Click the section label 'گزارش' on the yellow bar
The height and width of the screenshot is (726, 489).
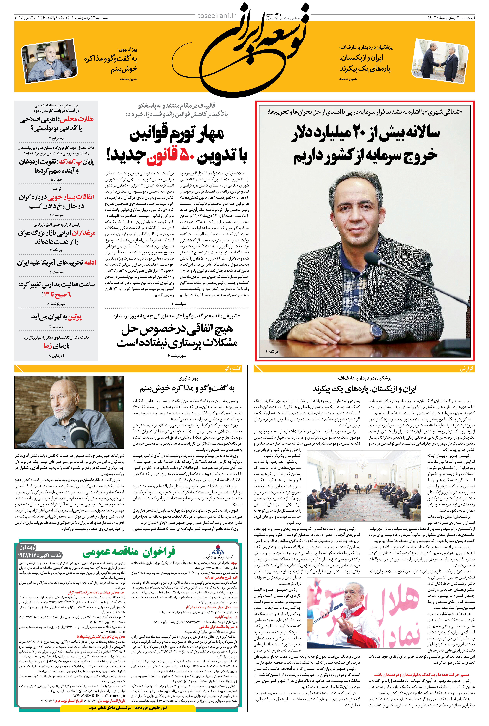(x=466, y=369)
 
